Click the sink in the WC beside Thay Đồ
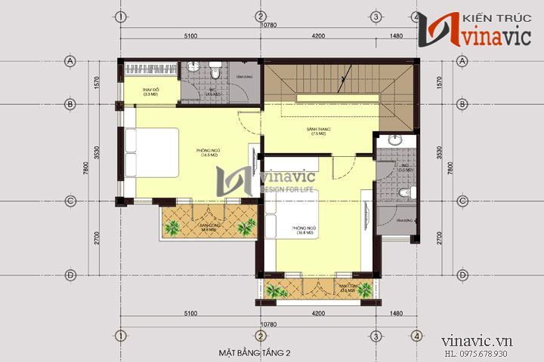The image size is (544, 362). [192, 68]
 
